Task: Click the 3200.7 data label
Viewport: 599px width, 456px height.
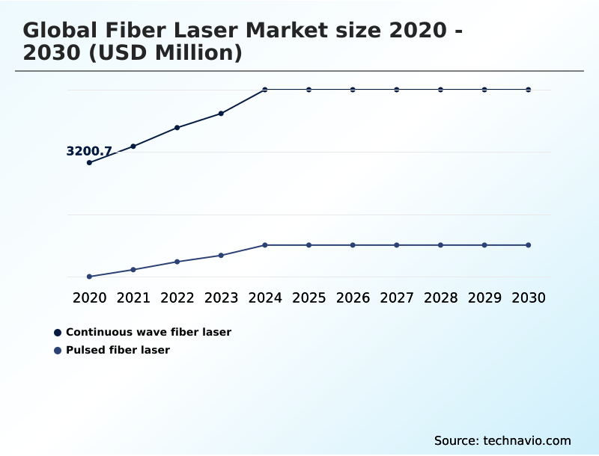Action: coord(89,151)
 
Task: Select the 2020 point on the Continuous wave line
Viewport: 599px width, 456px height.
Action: coord(89,162)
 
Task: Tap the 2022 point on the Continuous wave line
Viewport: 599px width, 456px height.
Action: coord(177,128)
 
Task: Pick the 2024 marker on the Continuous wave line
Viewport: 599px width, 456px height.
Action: coord(265,90)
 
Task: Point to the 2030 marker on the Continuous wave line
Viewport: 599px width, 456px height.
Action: coord(529,90)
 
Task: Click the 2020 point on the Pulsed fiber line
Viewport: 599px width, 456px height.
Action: coord(89,277)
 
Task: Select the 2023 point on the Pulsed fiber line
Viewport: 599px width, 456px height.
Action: coord(221,256)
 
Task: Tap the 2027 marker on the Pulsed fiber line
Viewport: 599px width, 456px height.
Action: coord(397,245)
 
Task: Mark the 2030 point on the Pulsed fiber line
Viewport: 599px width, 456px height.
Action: coord(529,245)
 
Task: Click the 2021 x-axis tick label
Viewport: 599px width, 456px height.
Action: coord(133,298)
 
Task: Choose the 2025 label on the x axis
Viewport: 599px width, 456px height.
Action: coord(308,298)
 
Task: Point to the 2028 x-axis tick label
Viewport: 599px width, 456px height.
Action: coord(440,298)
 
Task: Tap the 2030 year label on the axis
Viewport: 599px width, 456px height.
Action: coord(529,298)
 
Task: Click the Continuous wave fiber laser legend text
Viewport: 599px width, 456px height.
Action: coord(148,332)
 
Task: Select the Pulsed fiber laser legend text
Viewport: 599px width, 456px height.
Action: coord(118,350)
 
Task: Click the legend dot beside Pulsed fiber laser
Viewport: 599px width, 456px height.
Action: coord(58,350)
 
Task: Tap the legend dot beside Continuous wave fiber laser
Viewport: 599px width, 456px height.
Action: coord(58,332)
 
